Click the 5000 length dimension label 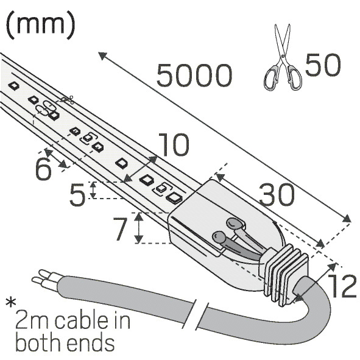coord(194,76)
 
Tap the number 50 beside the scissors coord(323,65)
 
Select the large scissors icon coord(283,57)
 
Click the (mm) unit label coord(40,25)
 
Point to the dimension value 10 coord(174,145)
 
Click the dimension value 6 coord(43,169)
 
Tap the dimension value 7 coord(120,229)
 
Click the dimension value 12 coord(342,286)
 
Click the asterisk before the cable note coord(11,303)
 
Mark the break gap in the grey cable coord(202,314)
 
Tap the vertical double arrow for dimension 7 coord(138,228)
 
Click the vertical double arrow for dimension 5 coord(93,190)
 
